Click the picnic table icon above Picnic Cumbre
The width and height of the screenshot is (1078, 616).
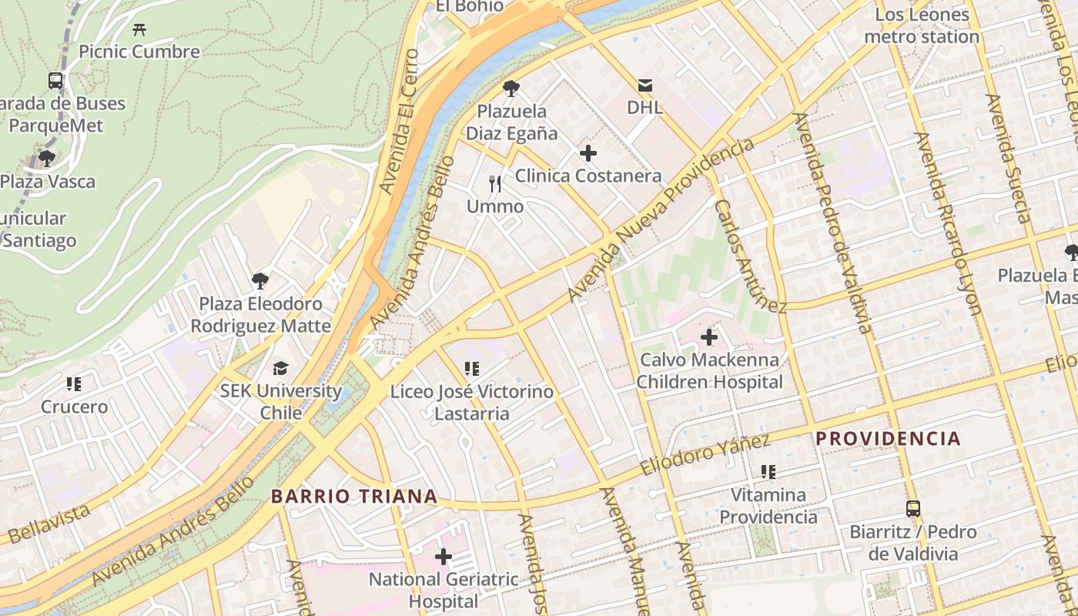[x=139, y=30]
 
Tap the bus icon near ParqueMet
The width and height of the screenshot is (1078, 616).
[x=55, y=81]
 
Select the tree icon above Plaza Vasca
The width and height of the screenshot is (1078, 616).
[x=47, y=159]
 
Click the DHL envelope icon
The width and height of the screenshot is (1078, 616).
[x=644, y=85]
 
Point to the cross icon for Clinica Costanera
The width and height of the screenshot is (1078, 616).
[x=588, y=153]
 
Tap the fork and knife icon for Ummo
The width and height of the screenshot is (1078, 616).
[x=495, y=184]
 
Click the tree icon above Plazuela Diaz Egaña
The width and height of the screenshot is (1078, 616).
[x=511, y=89]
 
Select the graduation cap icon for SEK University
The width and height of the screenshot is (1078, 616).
[x=280, y=369]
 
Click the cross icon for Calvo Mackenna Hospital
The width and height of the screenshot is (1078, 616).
[x=709, y=337]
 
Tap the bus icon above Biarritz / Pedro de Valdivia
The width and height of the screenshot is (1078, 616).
[x=912, y=509]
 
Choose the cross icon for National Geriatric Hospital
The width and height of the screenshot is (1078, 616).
[x=444, y=556]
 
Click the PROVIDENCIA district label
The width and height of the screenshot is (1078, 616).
[x=888, y=439]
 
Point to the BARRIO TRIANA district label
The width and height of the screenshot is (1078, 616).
[x=354, y=497]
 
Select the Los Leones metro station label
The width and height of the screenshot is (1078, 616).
[x=922, y=25]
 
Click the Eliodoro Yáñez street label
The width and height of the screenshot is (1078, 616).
[x=705, y=455]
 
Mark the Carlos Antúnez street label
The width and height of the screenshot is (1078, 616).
[x=750, y=257]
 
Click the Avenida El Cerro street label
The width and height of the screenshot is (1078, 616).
[x=400, y=122]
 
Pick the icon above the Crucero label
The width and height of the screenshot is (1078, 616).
[x=74, y=383]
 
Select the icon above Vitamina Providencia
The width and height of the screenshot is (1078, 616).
[x=768, y=471]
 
